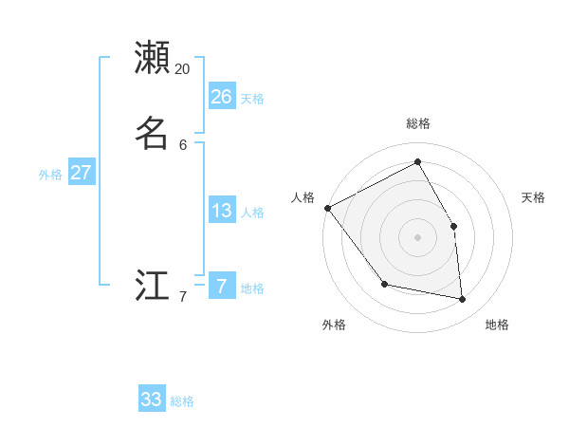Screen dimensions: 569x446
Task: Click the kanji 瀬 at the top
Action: tap(152, 57)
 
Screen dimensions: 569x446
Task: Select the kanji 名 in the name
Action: tap(152, 134)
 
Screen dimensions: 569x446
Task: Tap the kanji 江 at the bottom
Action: tap(152, 286)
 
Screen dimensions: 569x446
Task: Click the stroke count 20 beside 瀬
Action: tap(182, 69)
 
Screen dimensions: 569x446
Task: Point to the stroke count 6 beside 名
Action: tap(183, 145)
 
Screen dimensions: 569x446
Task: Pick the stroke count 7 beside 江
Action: tap(183, 297)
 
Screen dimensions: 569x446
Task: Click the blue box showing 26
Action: tap(222, 97)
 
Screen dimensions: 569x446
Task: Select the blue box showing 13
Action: tap(222, 211)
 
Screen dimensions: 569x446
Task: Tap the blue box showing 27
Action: tap(82, 173)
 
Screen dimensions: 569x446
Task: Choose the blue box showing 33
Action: tap(152, 400)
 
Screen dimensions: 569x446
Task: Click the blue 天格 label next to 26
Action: tap(252, 99)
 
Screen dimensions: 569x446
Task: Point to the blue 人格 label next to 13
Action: tap(252, 213)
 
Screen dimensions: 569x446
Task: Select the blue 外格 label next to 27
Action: tap(50, 175)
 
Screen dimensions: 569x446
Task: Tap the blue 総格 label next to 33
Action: tap(182, 401)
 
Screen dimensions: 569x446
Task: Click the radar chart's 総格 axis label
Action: tap(417, 123)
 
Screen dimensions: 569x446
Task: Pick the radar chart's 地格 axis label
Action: tap(497, 325)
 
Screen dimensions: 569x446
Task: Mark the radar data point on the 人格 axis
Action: tap(327, 208)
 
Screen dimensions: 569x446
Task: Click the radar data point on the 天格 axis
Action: tap(453, 226)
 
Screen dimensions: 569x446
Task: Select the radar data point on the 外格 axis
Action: tap(384, 284)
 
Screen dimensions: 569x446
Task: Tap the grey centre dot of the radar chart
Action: tap(417, 237)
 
